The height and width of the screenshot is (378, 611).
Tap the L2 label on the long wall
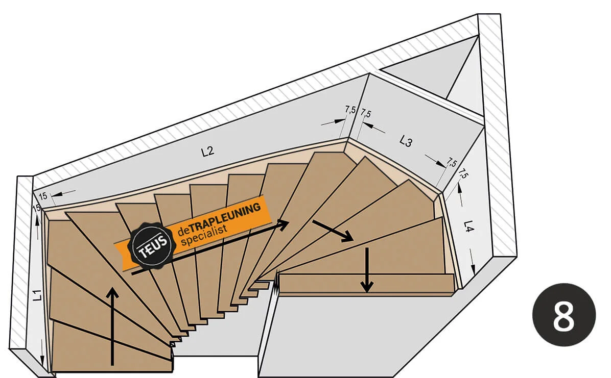tap(208, 151)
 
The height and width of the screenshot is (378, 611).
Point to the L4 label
tap(469, 226)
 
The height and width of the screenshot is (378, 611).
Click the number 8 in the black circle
tap(563, 315)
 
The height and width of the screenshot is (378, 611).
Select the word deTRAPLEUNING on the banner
tap(219, 219)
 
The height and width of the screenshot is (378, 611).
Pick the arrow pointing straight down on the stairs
tap(366, 269)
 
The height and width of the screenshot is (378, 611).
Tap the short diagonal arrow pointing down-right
tap(333, 231)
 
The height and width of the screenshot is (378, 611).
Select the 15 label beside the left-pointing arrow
tap(43, 196)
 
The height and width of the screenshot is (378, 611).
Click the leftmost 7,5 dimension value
tap(350, 110)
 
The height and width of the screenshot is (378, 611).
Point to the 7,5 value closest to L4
tap(463, 173)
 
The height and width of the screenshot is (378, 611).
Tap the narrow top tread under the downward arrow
tap(367, 283)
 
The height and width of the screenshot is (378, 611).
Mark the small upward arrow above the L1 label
tap(37, 228)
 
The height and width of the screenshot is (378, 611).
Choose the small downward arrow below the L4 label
tap(472, 262)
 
